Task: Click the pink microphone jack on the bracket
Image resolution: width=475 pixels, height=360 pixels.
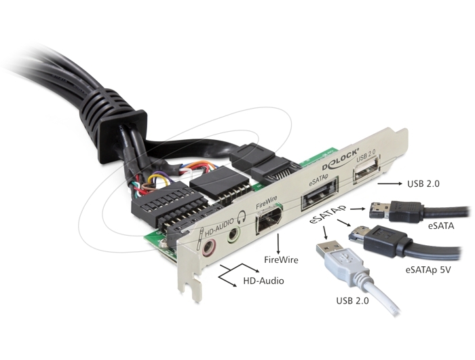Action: (x=208, y=247)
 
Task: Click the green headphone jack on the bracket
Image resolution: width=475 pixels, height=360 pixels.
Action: (x=233, y=234)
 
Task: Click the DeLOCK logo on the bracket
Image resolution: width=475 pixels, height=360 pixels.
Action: (x=340, y=159)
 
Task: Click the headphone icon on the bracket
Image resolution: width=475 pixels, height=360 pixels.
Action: (x=242, y=217)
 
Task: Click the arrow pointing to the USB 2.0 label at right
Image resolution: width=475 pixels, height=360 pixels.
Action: (x=390, y=183)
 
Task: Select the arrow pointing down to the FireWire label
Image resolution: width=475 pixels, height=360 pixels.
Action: (x=278, y=244)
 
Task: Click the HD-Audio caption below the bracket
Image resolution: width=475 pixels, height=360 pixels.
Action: (x=263, y=281)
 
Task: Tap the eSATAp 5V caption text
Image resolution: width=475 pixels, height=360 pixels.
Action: (x=427, y=269)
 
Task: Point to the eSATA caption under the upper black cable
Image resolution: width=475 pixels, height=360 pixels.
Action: (x=441, y=226)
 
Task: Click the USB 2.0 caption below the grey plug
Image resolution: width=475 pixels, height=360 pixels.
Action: (x=353, y=300)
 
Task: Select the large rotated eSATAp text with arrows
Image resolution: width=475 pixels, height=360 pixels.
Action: (x=328, y=214)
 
